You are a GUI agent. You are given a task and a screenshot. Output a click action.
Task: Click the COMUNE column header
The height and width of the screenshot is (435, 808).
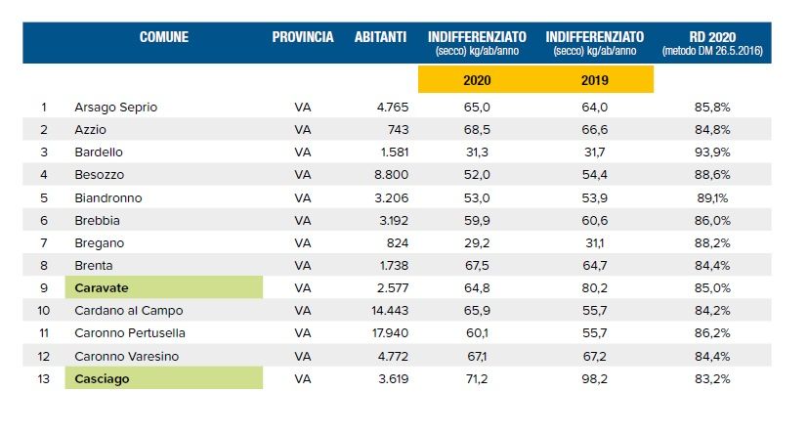(163, 37)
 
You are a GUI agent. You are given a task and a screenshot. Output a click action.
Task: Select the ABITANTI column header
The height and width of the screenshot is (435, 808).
(381, 37)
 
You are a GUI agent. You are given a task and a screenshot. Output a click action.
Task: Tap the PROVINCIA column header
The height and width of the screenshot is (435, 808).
(303, 37)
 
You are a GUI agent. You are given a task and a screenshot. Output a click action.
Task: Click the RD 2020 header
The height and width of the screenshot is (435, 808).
(711, 36)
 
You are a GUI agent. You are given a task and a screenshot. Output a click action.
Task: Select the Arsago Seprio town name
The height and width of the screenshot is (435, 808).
(115, 107)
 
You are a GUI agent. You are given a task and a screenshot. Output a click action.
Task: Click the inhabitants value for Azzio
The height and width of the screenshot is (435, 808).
(395, 129)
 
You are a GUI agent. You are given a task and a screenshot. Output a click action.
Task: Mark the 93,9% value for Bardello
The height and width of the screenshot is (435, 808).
(710, 152)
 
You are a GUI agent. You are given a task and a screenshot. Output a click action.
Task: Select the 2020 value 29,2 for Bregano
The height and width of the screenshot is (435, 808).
(476, 242)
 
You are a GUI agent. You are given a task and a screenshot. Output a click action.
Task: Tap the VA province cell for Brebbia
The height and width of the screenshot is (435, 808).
(303, 220)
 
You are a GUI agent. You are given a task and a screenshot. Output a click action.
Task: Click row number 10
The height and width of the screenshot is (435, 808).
(44, 310)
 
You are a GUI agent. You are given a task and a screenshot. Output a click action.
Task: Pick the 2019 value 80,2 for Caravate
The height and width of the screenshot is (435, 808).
(593, 287)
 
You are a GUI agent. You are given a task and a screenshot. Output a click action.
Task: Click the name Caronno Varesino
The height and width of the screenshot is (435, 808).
(126, 355)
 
